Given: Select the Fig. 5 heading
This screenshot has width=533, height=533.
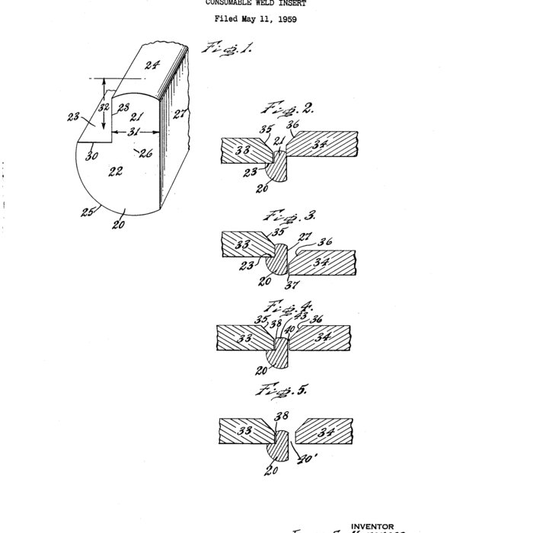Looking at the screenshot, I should pyautogui.click(x=273, y=391).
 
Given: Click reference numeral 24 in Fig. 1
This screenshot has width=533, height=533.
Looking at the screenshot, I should pyautogui.click(x=152, y=65).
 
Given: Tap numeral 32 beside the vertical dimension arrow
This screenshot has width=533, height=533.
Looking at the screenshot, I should pyautogui.click(x=104, y=109).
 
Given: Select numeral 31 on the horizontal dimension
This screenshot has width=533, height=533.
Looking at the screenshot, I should pyautogui.click(x=134, y=131).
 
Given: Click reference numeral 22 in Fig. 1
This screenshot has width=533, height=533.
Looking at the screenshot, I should pyautogui.click(x=116, y=171).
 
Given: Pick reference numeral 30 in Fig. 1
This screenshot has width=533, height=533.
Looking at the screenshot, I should pyautogui.click(x=91, y=155).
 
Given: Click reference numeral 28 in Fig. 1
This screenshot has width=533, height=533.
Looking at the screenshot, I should pyautogui.click(x=123, y=107).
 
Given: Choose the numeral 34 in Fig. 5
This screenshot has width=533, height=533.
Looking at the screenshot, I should pyautogui.click(x=325, y=432).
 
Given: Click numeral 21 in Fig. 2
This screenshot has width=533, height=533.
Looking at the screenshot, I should pyautogui.click(x=278, y=141).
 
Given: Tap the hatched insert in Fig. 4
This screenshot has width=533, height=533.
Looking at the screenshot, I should pyautogui.click(x=281, y=350).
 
